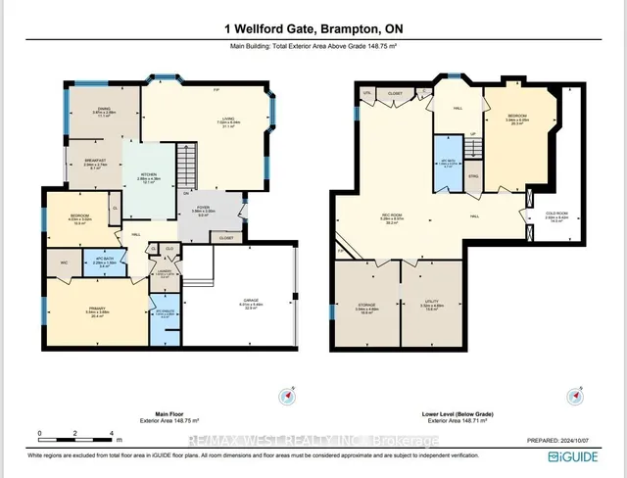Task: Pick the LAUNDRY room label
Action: [166, 273]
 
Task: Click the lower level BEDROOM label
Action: [517, 121]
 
